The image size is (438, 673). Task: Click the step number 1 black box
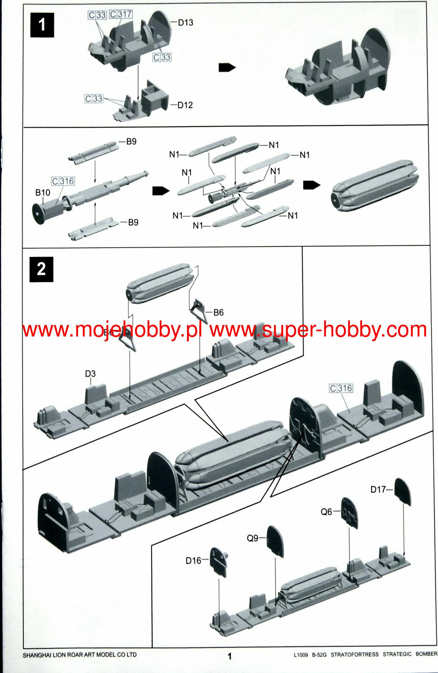(42, 25)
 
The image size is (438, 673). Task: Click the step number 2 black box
(41, 269)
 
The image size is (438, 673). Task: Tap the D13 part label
(185, 23)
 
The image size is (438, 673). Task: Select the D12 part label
(185, 105)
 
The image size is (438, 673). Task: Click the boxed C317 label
(121, 14)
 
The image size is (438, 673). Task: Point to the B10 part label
(43, 193)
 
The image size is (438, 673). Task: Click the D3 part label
(90, 374)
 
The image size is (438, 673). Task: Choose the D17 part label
(378, 489)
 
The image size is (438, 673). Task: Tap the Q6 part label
(326, 512)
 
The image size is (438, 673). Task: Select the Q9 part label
(253, 538)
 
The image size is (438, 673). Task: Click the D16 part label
(193, 561)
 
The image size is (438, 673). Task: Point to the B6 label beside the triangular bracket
(218, 313)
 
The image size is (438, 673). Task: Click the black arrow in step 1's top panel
(227, 67)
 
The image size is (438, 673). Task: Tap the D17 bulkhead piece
(403, 491)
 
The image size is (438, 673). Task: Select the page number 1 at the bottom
(230, 656)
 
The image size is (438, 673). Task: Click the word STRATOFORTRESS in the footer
(354, 655)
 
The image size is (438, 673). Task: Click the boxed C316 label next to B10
(63, 181)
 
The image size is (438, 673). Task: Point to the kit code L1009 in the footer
(301, 655)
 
